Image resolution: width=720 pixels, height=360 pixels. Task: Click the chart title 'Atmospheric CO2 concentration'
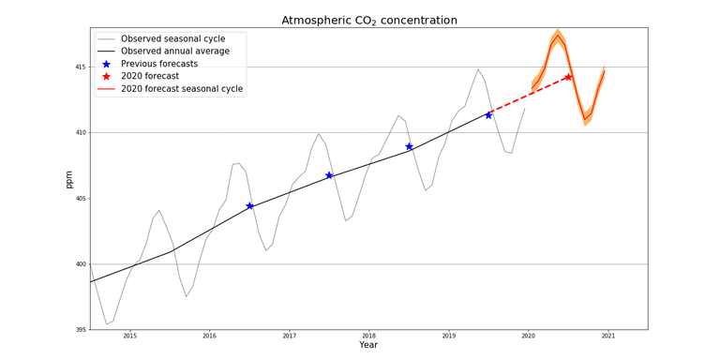click(x=369, y=20)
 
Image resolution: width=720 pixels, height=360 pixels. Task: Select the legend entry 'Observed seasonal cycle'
click(x=172, y=38)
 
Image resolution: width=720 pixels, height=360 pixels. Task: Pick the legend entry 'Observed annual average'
click(x=175, y=52)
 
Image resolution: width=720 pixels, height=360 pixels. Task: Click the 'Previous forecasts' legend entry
click(x=159, y=64)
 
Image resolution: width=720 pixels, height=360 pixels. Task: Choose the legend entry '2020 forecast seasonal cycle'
click(x=182, y=89)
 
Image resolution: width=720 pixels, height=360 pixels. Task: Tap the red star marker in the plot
click(x=568, y=77)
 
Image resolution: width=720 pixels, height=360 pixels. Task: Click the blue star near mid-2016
click(x=249, y=206)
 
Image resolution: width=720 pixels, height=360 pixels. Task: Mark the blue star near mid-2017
click(x=329, y=175)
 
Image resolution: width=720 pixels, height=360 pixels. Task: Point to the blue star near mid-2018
click(x=409, y=146)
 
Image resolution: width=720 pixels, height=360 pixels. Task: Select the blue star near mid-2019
click(x=488, y=115)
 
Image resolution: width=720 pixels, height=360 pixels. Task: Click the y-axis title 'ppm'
click(x=68, y=179)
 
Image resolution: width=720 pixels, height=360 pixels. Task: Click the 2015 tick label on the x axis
click(x=129, y=336)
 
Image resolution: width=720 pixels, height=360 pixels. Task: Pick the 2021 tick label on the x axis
click(x=607, y=336)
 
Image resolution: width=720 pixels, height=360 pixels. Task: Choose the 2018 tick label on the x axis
click(x=368, y=336)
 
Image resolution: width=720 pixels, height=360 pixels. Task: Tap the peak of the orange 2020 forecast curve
click(x=558, y=36)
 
